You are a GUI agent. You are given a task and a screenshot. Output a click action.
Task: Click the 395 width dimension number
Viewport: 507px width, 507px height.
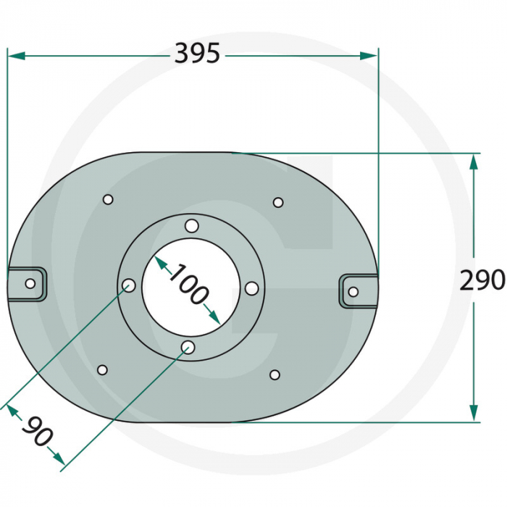point(196,54)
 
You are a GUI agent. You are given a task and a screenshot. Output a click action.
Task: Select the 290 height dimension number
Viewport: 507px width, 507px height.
point(482,280)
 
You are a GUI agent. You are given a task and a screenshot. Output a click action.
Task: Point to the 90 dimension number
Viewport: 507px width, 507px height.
point(36,432)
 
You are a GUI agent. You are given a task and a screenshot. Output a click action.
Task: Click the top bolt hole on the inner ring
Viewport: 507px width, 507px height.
point(191,226)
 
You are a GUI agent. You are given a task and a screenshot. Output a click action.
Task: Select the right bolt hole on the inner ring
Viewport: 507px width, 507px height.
point(251,288)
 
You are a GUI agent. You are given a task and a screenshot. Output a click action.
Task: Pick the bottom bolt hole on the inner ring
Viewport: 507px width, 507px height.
point(188,348)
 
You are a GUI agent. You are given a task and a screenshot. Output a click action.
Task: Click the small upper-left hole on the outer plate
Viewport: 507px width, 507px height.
point(108,199)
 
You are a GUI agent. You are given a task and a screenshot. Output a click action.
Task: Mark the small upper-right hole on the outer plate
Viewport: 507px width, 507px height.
point(278,202)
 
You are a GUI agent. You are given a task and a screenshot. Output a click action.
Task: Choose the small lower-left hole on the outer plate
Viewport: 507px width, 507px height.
point(102,370)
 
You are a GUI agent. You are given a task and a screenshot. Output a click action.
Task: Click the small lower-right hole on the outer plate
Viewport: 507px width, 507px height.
point(275,374)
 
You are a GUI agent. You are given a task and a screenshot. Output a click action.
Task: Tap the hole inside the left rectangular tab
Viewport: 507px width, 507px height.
point(30,283)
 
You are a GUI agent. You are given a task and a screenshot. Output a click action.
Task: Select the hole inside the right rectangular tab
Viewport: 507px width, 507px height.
point(353,291)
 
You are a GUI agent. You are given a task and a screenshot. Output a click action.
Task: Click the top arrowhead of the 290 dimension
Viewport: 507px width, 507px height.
point(474,159)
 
